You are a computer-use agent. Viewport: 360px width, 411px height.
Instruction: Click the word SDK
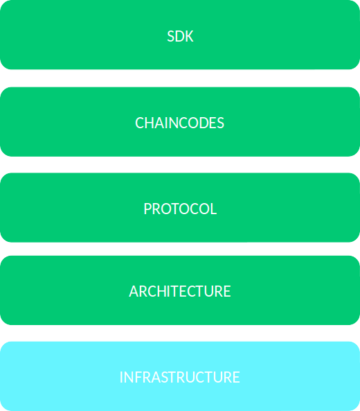180,36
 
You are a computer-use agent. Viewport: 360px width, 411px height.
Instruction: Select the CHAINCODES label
179,123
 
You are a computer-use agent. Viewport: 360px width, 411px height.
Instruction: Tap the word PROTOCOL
180,209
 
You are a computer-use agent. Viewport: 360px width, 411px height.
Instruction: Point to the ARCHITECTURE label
180,291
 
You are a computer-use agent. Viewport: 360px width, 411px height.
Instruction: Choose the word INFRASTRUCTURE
179,377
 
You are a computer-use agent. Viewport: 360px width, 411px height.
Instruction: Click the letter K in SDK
189,36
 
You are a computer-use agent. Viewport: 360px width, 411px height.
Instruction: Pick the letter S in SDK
171,36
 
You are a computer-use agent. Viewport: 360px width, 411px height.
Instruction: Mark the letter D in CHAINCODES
201,123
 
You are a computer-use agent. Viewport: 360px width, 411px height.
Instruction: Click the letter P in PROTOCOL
147,209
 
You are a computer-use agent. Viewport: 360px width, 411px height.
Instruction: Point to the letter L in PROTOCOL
213,209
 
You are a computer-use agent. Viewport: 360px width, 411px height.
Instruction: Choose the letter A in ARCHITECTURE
134,291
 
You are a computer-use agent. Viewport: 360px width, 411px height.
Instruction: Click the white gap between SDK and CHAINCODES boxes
180,78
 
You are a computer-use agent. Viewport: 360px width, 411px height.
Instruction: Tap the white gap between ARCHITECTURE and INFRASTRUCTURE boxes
180,333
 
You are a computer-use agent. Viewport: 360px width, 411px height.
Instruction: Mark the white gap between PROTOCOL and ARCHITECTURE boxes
180,249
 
